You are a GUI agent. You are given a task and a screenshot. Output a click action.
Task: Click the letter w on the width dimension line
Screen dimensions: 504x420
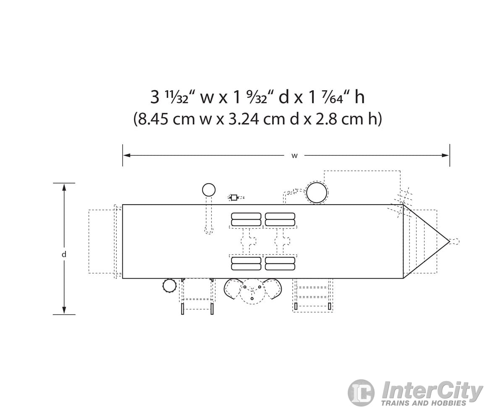click(x=294, y=156)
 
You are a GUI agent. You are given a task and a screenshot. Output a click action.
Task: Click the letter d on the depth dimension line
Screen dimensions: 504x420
click(x=64, y=254)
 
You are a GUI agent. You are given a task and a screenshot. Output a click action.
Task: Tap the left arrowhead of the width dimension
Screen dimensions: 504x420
click(x=127, y=155)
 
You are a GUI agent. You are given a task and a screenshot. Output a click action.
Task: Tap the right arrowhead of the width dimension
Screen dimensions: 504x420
click(x=445, y=155)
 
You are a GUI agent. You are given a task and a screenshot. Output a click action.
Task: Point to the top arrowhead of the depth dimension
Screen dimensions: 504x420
click(x=64, y=187)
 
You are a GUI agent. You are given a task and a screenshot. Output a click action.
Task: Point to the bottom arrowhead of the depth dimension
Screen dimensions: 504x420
click(x=64, y=310)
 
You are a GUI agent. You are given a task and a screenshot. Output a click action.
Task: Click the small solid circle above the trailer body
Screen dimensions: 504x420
click(x=209, y=190)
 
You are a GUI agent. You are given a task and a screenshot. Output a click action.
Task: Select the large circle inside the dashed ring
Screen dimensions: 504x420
click(x=317, y=193)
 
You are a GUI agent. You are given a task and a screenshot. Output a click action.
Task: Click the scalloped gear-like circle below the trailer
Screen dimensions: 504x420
click(x=169, y=286)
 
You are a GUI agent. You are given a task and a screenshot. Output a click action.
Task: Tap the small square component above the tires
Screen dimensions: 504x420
click(x=234, y=197)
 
